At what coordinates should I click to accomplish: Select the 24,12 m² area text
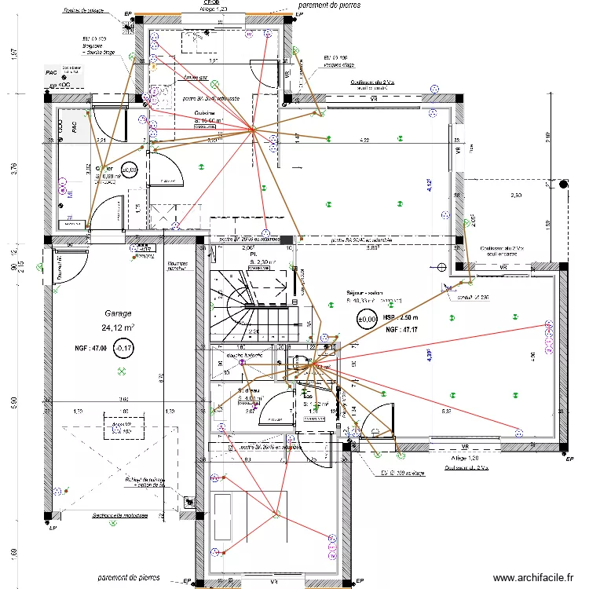[117, 327]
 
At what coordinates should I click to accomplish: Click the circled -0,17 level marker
[123, 347]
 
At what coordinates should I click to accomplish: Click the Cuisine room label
[207, 112]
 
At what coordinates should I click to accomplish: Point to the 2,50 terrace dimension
[517, 195]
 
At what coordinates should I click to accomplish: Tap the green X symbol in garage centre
[122, 371]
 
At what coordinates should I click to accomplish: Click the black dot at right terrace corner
[564, 185]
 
